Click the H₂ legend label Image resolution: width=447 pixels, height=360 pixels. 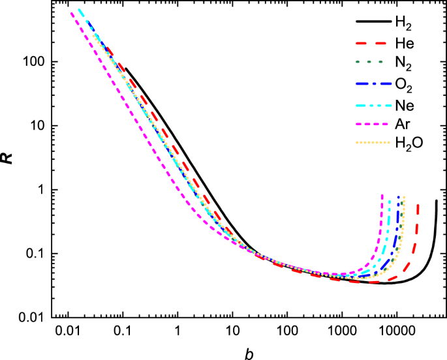point(403,23)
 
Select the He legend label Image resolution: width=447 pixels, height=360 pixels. point(403,44)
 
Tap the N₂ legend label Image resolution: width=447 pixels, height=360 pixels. point(403,64)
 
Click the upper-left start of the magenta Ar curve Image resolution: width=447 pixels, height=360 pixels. point(72,13)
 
